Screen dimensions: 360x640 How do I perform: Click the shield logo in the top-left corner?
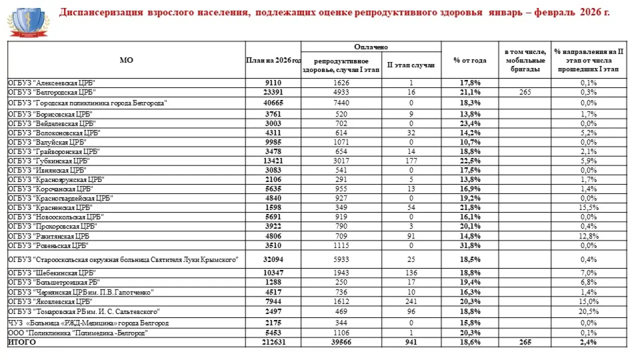pos(28,23)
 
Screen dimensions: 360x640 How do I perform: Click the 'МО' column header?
pos(126,60)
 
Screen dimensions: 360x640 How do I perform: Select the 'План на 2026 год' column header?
pos(273,60)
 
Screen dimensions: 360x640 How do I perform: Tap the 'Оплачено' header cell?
pos(371,46)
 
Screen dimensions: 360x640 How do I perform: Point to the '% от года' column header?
pos(469,60)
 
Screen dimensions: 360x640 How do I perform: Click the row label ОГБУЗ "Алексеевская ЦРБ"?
pos(52,83)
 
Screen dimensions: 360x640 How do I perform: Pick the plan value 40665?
pos(273,102)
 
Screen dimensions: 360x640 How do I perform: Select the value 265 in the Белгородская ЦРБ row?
pos(524,92)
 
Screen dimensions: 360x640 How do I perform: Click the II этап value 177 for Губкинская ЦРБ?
pos(411,160)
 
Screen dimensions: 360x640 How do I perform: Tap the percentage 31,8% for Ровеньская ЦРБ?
pos(469,245)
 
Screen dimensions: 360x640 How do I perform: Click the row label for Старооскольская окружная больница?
pos(122,259)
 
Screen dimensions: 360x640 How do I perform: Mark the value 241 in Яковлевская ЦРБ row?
pos(411,301)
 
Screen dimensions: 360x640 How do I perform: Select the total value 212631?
pos(273,342)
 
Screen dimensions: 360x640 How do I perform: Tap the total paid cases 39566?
pos(341,342)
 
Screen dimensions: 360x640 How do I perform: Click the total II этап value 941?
pos(411,342)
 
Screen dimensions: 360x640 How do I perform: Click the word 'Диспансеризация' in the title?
pos(101,12)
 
